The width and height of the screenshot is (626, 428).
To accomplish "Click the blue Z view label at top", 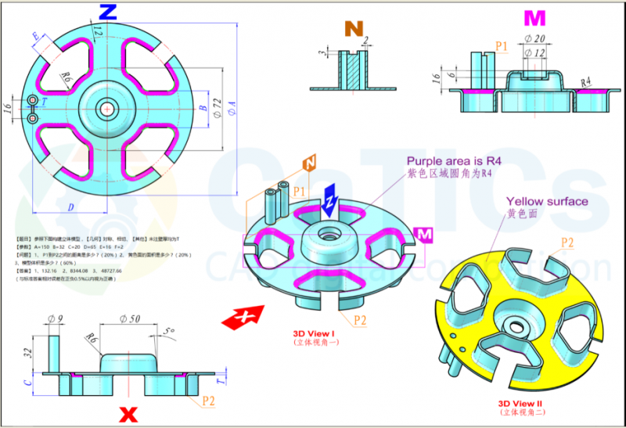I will click(109, 12).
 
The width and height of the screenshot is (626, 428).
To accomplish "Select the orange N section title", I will click(354, 29).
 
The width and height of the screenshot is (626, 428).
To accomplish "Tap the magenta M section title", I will click(534, 18).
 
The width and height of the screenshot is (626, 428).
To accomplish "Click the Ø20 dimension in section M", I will click(534, 39).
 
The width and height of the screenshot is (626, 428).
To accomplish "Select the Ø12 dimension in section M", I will click(535, 52).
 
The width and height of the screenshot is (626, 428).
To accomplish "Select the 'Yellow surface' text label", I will click(547, 202).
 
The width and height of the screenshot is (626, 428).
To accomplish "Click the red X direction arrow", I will click(243, 317).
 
